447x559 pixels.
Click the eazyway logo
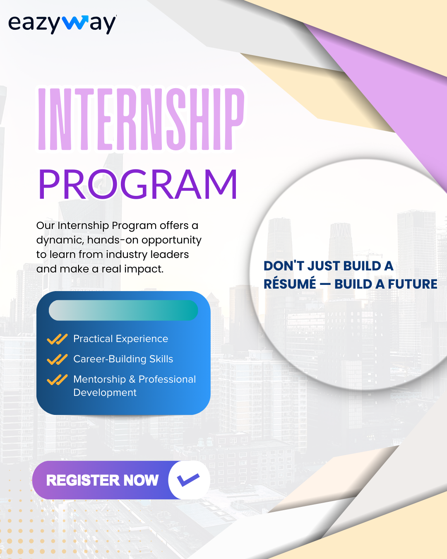tap(62, 24)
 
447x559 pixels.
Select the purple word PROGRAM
tap(138, 184)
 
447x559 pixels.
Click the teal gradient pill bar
tap(123, 310)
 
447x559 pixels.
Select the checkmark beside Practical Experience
tap(57, 339)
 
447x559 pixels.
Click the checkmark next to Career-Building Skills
tap(57, 359)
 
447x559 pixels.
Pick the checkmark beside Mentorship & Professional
tap(57, 380)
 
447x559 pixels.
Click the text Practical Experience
tap(121, 339)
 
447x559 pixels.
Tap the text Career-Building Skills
tap(123, 359)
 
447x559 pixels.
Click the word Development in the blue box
tap(105, 393)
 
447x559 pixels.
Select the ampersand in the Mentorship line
tap(132, 379)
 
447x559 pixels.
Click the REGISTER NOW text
tap(102, 480)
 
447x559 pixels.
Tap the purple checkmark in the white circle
tap(188, 479)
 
